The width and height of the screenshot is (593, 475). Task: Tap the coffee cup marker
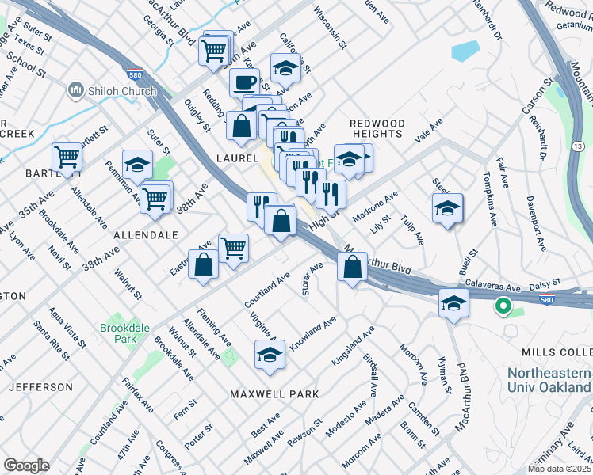coord(244,82)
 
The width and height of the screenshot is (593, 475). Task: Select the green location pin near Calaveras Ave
coord(502,306)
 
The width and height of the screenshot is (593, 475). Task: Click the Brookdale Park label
coord(118,332)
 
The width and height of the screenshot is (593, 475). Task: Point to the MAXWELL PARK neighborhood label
coord(274,393)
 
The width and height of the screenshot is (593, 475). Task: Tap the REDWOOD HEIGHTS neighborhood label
coord(377,130)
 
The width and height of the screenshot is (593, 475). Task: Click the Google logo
coord(26,465)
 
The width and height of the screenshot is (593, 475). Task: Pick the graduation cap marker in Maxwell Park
coord(270,355)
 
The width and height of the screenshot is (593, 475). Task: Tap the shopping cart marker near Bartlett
coord(67,157)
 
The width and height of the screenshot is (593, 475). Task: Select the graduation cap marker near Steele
coord(448,208)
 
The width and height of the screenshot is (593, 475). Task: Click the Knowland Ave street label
coord(313,333)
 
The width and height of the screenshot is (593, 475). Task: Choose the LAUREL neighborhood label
coord(233,158)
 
